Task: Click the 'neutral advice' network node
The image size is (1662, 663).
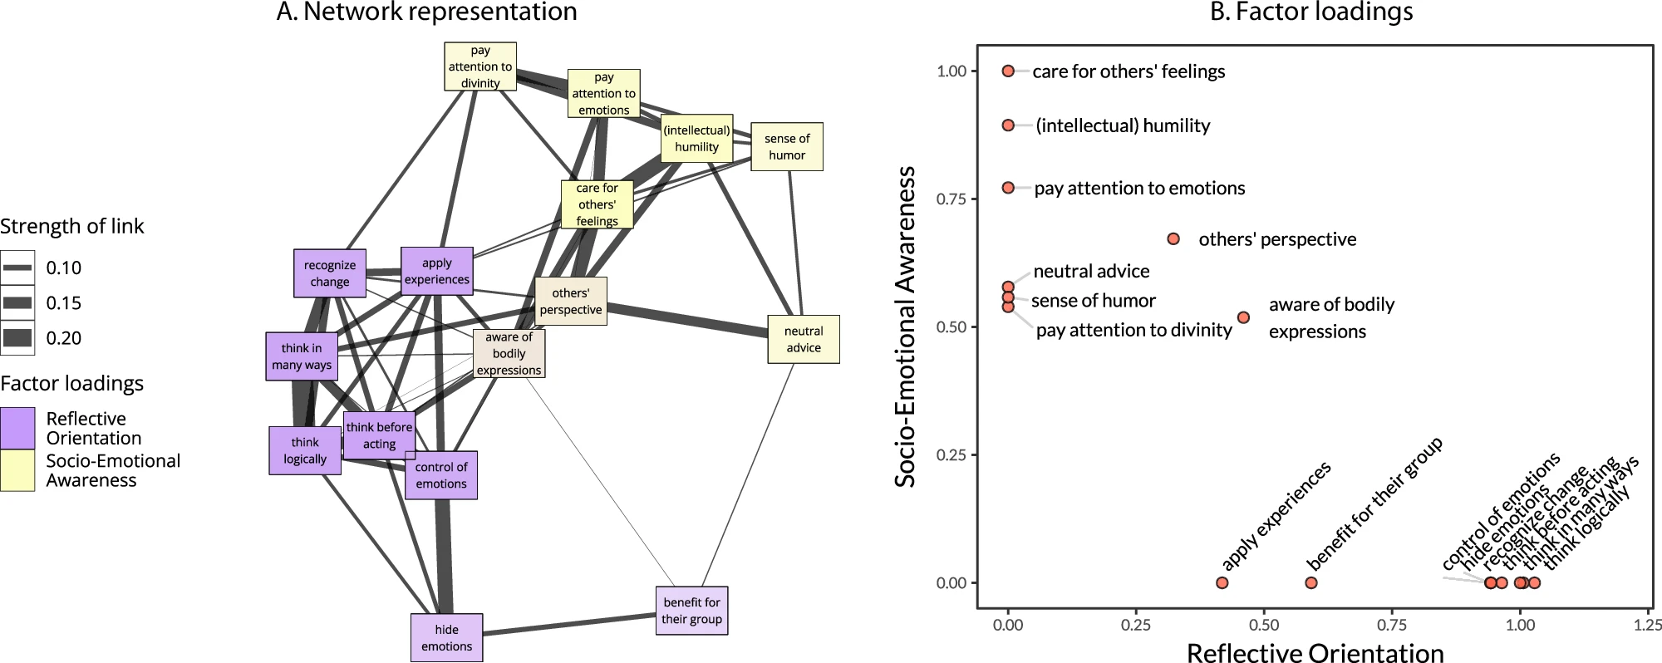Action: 803,339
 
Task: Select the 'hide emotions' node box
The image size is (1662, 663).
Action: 446,638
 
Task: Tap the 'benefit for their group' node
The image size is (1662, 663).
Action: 691,611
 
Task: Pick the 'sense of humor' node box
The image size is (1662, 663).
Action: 787,147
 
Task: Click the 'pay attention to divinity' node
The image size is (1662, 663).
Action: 480,66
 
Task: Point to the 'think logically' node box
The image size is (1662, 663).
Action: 305,450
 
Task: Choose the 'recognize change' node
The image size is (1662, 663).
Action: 330,273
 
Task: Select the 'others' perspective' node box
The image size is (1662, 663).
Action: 571,301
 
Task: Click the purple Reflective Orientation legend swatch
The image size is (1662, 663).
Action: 17,428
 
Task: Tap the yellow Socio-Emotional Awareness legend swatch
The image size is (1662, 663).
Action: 17,470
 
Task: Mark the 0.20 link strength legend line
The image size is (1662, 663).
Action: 17,337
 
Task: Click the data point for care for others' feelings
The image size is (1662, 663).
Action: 1008,71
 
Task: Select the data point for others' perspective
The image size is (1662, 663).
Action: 1173,239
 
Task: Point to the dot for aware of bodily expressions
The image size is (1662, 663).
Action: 1243,317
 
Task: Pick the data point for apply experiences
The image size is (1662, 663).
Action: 1222,583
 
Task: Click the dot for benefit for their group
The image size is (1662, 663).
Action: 1311,583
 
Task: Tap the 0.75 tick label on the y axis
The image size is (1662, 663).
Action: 951,199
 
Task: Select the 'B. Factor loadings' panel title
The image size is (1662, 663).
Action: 1311,12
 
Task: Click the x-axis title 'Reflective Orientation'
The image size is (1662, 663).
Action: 1315,653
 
